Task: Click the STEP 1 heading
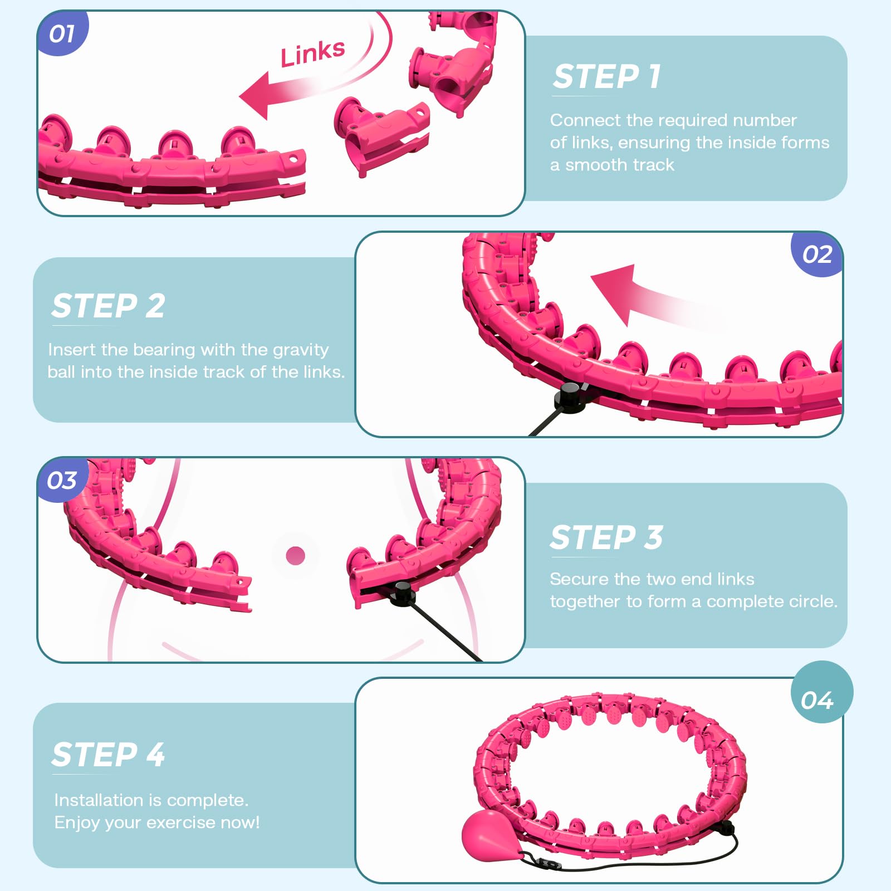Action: [606, 76]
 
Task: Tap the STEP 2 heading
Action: [108, 306]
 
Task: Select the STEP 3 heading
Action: [606, 537]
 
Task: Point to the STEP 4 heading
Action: [108, 755]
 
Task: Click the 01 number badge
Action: [61, 34]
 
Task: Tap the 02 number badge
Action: [817, 254]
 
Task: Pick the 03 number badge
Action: [61, 480]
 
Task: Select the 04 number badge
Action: [817, 700]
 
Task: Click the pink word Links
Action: [312, 53]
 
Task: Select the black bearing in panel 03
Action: [402, 594]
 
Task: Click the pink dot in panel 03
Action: [295, 555]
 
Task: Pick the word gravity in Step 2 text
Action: [300, 350]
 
